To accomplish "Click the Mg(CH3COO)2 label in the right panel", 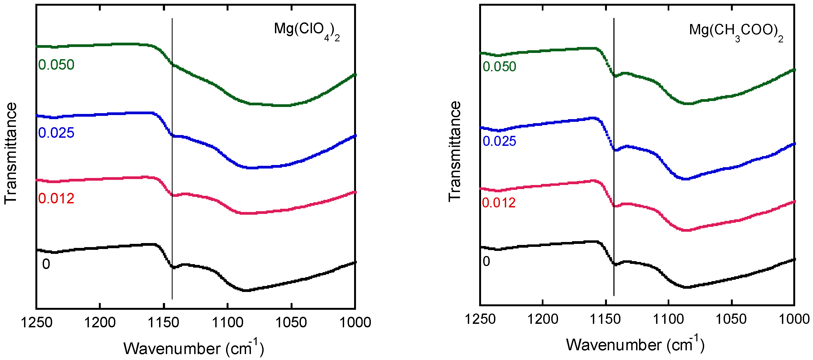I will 736,32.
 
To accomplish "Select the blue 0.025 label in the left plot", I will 56,133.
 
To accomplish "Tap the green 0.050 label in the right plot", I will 499,67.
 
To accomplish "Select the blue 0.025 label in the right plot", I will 499,141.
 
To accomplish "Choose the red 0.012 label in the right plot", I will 499,203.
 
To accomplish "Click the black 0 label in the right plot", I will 486,261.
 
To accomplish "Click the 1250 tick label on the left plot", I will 36,322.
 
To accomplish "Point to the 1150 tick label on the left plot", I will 163,322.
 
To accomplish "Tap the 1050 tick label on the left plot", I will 291,322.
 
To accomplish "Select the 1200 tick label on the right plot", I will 543,319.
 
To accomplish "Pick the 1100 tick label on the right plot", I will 668,319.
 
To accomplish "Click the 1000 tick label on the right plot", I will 794,319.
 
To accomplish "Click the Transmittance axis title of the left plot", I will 11,153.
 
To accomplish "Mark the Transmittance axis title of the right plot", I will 455,152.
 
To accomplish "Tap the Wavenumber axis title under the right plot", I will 635,345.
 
